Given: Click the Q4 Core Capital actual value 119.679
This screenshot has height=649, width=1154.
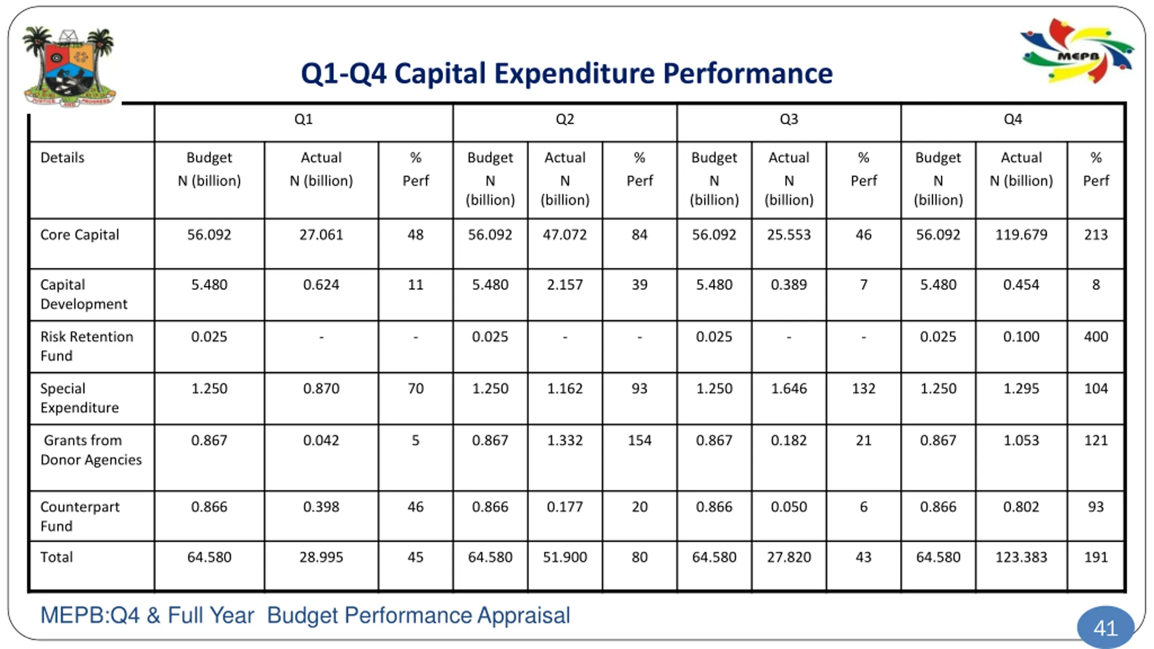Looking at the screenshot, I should point(1021,235).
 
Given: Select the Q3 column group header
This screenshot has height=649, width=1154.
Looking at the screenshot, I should point(788,119).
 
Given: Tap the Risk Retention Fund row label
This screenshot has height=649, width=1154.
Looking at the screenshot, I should point(87,346).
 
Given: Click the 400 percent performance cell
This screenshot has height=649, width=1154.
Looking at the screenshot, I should point(1096,337).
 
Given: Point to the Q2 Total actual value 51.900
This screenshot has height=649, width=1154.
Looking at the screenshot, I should point(565,558).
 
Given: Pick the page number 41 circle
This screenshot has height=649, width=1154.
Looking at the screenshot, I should point(1105,628).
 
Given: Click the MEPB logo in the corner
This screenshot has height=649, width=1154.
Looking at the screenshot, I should point(1077,52).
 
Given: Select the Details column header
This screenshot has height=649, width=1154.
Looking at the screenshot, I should point(62,158).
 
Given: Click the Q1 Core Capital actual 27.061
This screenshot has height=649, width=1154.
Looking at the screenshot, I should point(321,235).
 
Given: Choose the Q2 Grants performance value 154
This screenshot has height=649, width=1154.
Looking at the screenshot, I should point(639,440).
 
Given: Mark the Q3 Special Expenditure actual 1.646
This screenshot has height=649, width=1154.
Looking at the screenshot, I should point(788,388).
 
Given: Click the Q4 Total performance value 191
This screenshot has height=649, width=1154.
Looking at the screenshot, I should point(1096,558).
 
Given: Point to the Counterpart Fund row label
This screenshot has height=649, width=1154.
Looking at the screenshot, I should point(80,516).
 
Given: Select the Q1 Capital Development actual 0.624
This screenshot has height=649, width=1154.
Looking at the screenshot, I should point(321,285).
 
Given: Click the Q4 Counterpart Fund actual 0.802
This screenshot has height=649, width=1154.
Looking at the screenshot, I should point(1021,507).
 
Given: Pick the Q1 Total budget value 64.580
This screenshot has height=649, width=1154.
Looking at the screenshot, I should point(209,558).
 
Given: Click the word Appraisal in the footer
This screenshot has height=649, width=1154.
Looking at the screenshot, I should point(524,616).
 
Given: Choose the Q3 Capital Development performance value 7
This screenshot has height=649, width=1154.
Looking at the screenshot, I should point(863,285).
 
